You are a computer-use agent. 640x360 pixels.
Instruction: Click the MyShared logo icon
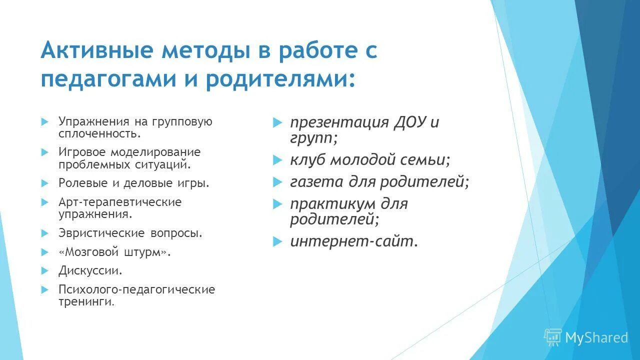point(553,337)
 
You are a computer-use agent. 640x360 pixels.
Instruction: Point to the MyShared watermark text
point(596,338)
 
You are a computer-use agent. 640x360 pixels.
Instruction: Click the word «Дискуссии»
point(90,270)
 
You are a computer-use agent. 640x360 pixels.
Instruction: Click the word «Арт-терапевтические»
point(120,202)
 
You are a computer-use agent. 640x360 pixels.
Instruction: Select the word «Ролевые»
point(83,183)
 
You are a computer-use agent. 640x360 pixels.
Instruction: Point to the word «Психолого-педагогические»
point(136,289)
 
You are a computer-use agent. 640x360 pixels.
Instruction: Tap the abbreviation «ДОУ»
point(409,122)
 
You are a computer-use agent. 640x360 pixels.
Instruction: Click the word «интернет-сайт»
point(353,242)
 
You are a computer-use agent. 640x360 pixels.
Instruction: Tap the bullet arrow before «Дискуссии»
point(44,270)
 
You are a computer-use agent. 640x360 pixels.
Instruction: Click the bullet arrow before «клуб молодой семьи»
point(277,160)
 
